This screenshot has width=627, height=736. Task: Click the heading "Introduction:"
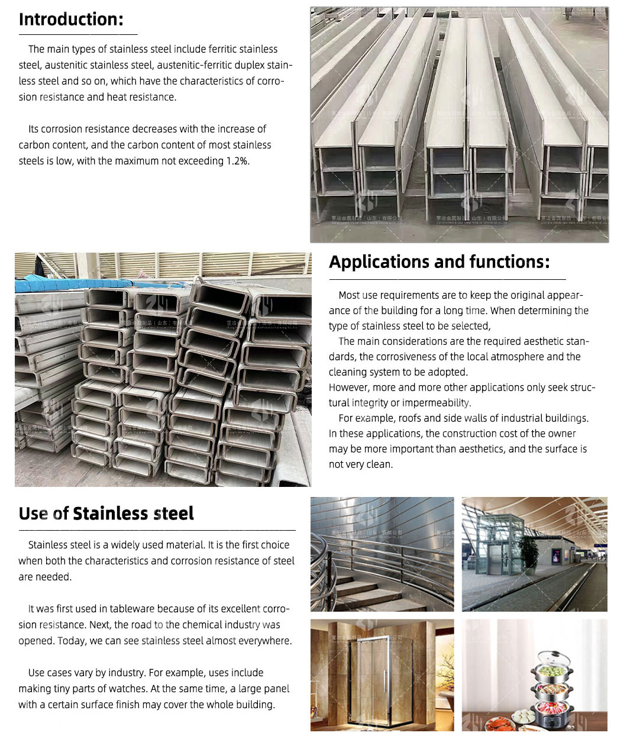point(71,20)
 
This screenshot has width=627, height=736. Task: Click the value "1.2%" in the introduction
point(237,161)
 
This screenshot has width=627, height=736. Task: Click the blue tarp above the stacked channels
point(50,286)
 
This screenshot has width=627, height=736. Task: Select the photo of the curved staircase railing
point(382,554)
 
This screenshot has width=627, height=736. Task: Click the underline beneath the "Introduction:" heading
point(78,34)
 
